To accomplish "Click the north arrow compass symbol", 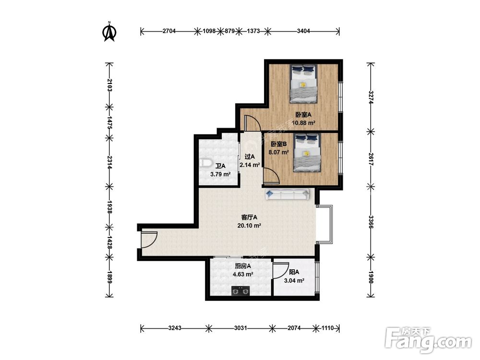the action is coord(109,32).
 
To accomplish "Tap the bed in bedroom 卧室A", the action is coord(304,84).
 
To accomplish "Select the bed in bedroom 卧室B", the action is coord(307,153).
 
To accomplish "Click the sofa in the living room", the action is coord(288,194).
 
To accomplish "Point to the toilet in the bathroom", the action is coord(205,163).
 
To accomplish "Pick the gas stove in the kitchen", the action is coord(240,291).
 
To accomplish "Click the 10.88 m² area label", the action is coord(304,123).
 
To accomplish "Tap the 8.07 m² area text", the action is coord(278,152).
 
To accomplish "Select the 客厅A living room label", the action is coord(249,217).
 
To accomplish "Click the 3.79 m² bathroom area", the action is coord(220,175).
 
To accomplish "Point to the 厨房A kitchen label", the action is coord(243,266).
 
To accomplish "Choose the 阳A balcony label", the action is coord(294,272).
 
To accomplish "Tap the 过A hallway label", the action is coord(250,157).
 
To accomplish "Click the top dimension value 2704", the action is coord(169,31).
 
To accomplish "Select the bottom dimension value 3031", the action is coord(240,328).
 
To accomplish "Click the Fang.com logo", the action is coord(428,340).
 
